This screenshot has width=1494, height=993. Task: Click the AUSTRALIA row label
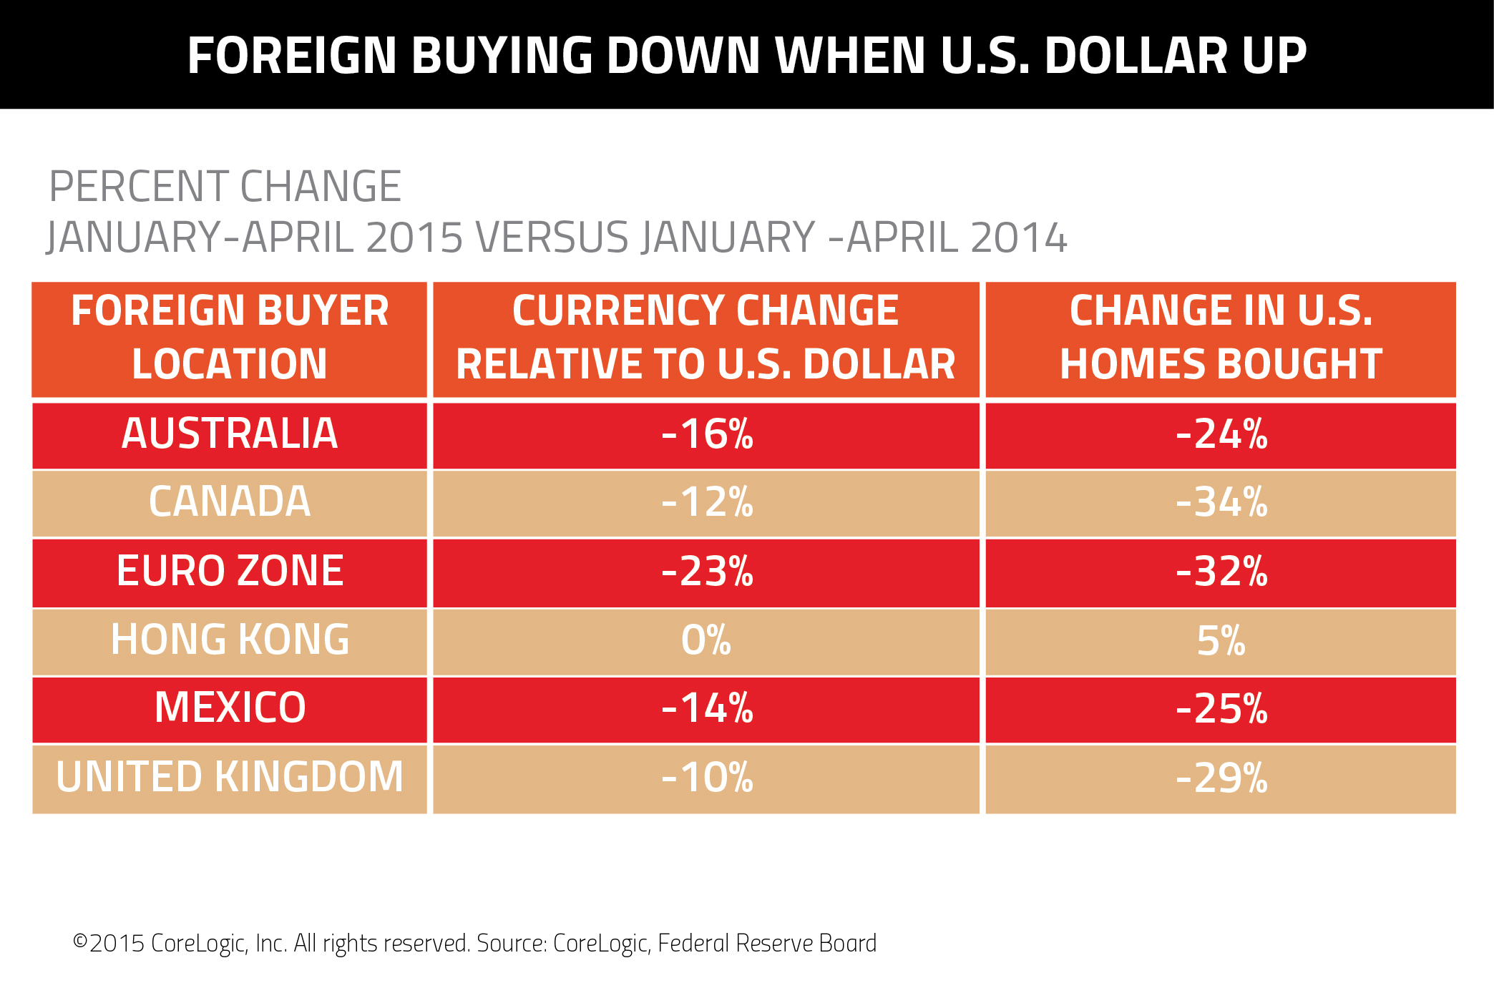[x=230, y=434]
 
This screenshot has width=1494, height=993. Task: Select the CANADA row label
[x=230, y=502]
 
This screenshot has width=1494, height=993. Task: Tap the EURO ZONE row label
[x=230, y=571]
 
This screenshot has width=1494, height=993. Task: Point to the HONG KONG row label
[x=230, y=640]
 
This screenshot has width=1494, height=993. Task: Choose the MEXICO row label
[x=230, y=708]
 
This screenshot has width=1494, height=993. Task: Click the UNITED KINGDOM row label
[x=230, y=777]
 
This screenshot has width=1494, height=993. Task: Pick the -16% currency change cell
[x=707, y=434]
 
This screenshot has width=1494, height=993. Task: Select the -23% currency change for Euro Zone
[x=707, y=571]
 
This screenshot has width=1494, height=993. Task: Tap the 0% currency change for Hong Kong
[x=706, y=640]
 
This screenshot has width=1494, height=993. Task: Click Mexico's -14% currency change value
[x=707, y=708]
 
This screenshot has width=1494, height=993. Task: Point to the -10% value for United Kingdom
[x=707, y=777]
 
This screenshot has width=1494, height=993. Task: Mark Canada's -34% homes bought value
[x=1221, y=502]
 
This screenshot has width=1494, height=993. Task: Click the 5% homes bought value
[x=1221, y=640]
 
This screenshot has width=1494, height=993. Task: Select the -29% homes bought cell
[x=1221, y=777]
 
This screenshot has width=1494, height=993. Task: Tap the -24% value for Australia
[x=1221, y=434]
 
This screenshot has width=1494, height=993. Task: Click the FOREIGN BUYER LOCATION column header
[x=230, y=338]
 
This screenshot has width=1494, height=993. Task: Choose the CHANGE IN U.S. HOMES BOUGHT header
[x=1221, y=338]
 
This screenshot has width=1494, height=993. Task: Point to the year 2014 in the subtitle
[x=1019, y=238]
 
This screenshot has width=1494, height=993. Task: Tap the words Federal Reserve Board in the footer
[x=766, y=943]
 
